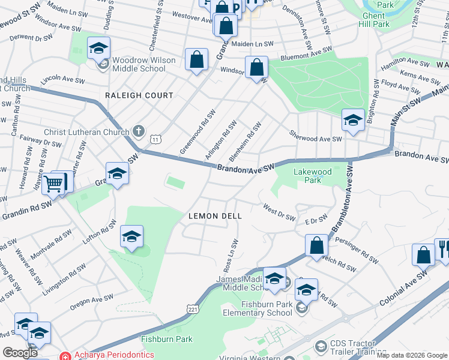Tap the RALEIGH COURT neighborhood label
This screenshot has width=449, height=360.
click(x=139, y=95)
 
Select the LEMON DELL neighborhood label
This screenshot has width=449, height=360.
click(x=215, y=216)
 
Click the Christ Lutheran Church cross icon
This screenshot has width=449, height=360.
click(x=139, y=131)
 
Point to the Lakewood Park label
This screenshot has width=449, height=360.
click(x=312, y=175)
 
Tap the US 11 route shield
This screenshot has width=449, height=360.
click(x=155, y=139)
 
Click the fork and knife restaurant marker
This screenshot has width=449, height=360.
click(x=442, y=248)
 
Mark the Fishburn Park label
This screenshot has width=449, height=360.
click(x=167, y=339)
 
